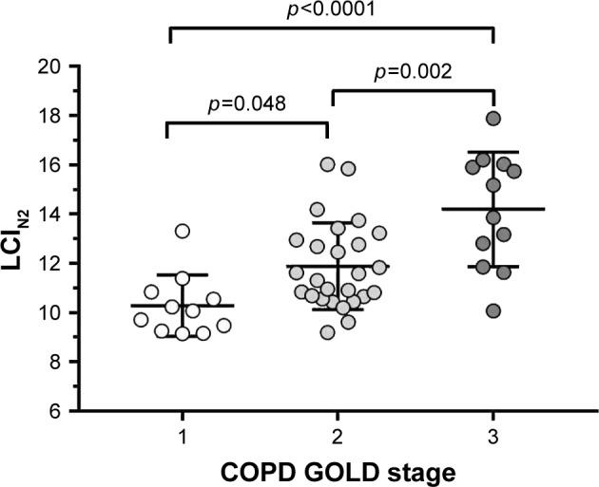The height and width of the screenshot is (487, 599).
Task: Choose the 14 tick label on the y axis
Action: [x=48, y=214]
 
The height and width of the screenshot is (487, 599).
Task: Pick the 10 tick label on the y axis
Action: [x=48, y=312]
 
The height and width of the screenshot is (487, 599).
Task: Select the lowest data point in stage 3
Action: [x=493, y=310]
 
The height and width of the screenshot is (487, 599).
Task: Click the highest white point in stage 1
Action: [x=183, y=231]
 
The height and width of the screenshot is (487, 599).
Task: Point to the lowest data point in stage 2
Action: [x=328, y=331]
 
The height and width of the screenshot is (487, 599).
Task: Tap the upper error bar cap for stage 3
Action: [x=493, y=152]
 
